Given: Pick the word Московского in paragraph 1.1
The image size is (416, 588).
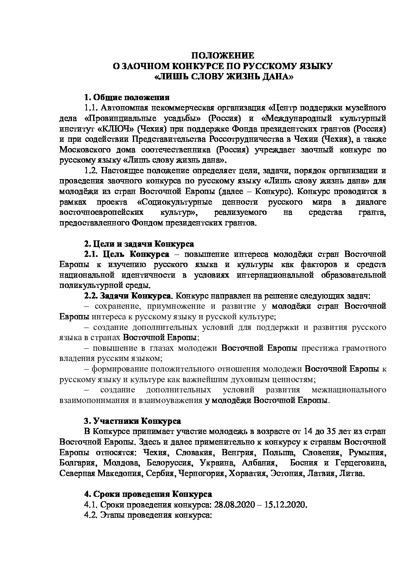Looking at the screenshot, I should coord(81,150).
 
